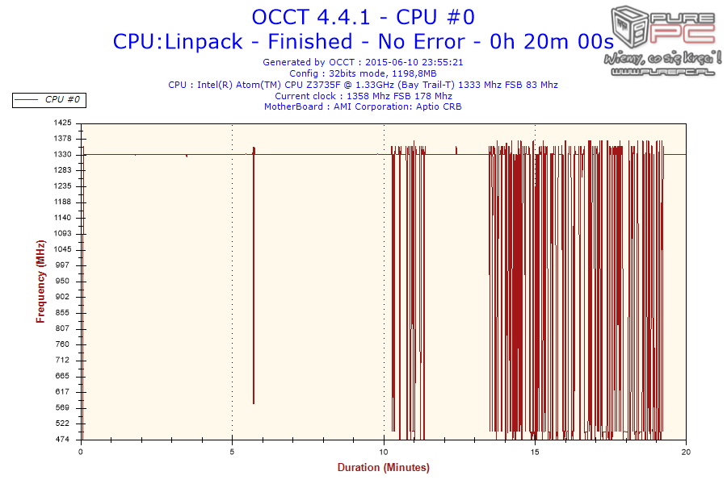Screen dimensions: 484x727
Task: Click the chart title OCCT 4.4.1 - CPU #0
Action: point(363,17)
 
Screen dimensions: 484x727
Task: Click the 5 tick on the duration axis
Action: point(233,452)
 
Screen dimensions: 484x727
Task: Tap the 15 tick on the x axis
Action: point(535,452)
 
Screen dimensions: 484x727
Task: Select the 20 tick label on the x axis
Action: point(686,452)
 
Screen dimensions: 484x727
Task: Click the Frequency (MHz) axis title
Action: point(40,282)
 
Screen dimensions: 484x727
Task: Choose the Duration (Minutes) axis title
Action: point(383,468)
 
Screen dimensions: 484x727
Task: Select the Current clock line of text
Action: point(363,96)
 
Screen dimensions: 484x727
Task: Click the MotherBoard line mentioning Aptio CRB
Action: point(363,106)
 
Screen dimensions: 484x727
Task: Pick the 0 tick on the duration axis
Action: point(81,452)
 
